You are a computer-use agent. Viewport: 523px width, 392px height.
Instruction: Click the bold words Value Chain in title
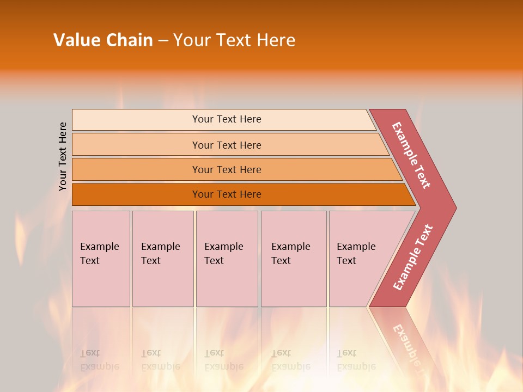(x=103, y=40)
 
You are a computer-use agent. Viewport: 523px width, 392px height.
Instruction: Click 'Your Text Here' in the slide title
(x=234, y=40)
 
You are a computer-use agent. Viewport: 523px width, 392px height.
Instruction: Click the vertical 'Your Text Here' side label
(x=63, y=156)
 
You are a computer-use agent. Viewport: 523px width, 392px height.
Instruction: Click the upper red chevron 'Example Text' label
(x=412, y=155)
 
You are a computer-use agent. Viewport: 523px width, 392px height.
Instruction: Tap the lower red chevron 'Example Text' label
(x=413, y=258)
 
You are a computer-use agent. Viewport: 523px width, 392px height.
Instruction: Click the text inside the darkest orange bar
(x=227, y=194)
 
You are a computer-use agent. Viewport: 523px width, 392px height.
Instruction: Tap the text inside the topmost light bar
(x=227, y=119)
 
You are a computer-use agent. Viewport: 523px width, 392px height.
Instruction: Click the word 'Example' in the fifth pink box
(x=356, y=247)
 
